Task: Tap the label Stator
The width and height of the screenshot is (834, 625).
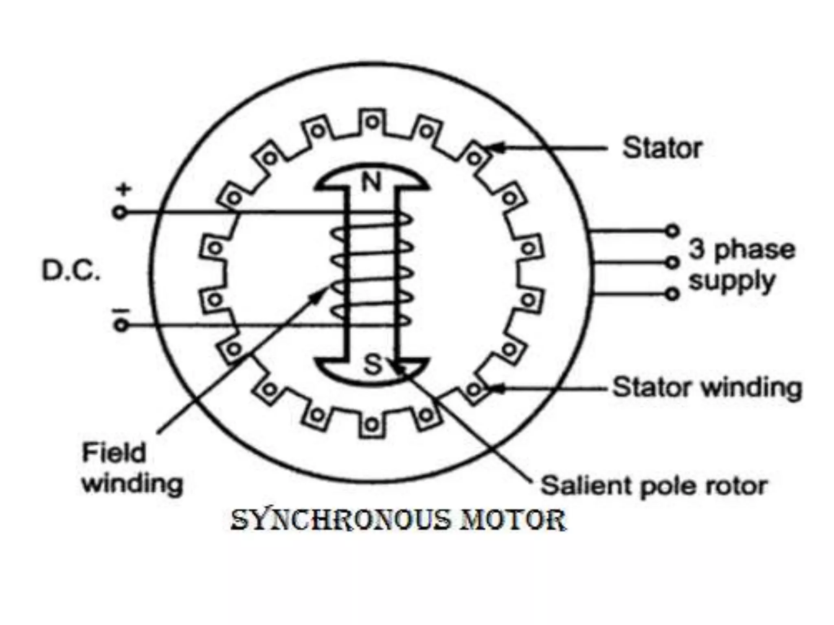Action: [x=662, y=148]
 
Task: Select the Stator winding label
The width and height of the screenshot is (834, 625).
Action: [x=707, y=387]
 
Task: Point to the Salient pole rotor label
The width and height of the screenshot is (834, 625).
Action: [x=653, y=485]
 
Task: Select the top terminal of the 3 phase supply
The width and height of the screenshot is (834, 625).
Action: [x=672, y=231]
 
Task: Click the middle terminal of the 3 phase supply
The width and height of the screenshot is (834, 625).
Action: [x=672, y=262]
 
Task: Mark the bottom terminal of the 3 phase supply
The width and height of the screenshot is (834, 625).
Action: [x=672, y=293]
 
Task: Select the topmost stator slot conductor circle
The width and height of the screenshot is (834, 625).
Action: [x=372, y=122]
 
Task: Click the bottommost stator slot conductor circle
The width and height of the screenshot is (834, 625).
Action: [x=371, y=425]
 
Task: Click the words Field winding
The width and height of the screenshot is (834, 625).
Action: [x=132, y=468]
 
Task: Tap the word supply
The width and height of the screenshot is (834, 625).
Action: [x=731, y=281]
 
